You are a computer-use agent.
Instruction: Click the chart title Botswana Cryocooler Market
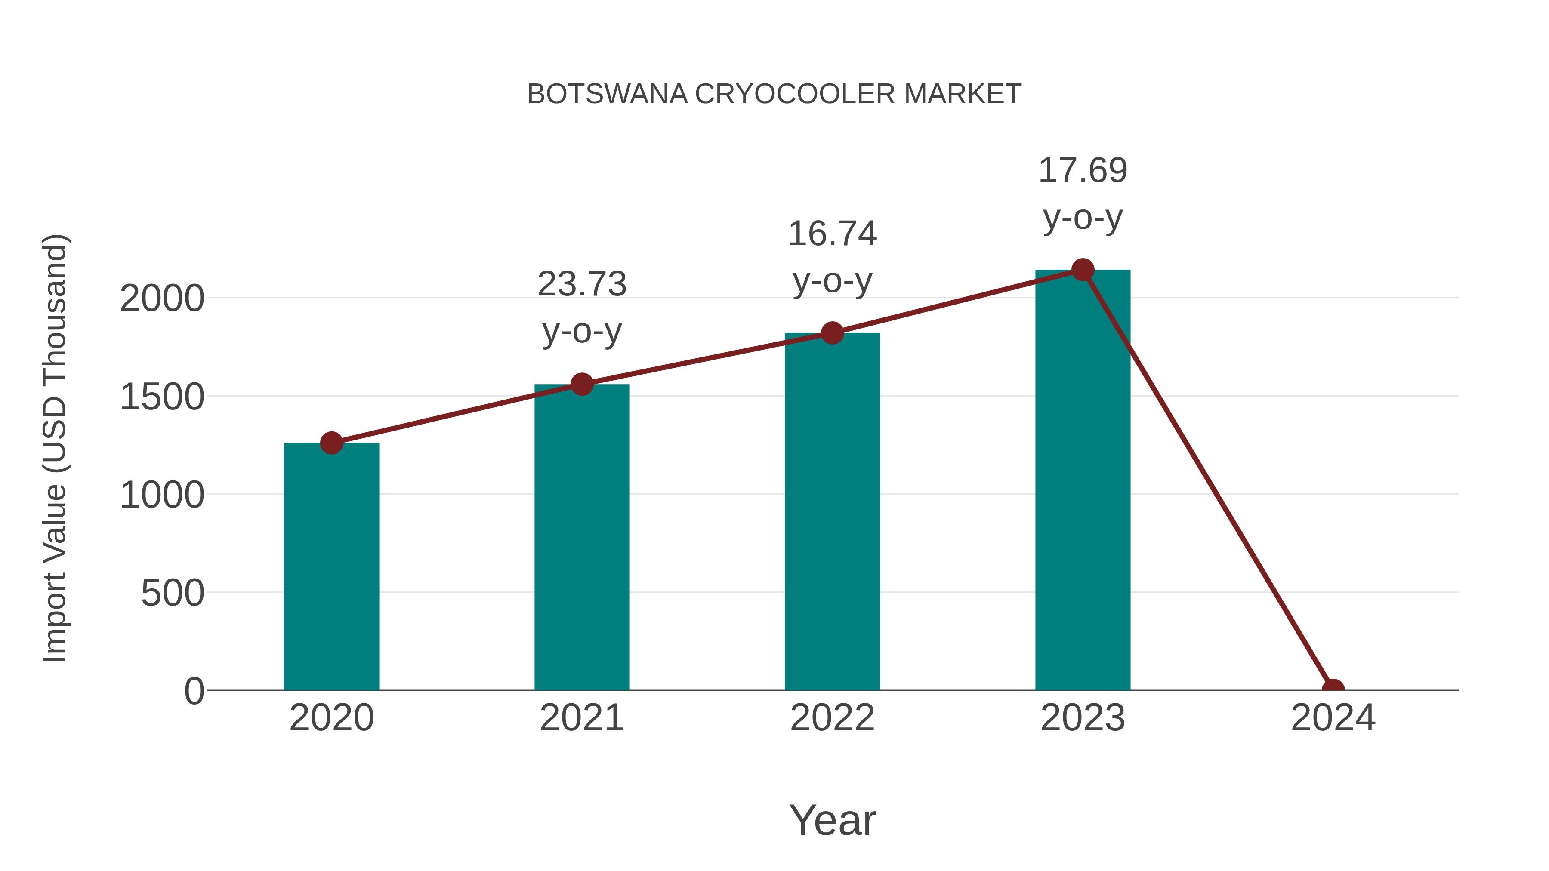[774, 94]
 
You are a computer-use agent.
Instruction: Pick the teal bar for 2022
[832, 511]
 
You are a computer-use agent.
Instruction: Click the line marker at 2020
[331, 443]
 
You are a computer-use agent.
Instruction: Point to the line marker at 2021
[581, 384]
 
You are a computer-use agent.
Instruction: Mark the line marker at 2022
[832, 332]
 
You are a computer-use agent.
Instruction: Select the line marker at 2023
[1083, 270]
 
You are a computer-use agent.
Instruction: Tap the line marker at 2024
[1333, 689]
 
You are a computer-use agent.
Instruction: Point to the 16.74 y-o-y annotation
[832, 257]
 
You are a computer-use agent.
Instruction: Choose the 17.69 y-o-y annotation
[1083, 194]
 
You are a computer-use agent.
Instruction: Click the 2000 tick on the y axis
[162, 299]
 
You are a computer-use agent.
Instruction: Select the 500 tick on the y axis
[173, 593]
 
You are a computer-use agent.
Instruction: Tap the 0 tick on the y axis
[194, 691]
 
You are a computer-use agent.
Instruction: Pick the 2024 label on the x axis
[1333, 718]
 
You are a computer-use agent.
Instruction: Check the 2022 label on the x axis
[832, 718]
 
